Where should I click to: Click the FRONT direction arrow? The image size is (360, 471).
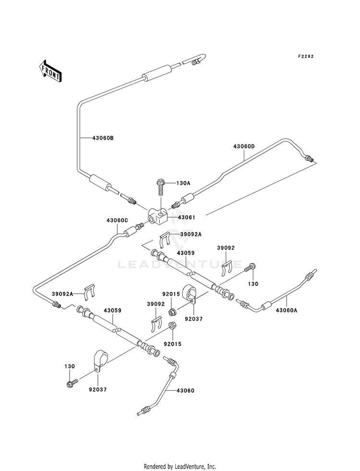point(50,71)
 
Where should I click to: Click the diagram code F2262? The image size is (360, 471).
point(306,56)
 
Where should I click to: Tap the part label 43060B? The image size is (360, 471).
point(103,138)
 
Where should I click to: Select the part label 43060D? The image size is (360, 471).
point(244,146)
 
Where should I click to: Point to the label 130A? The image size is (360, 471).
point(184,183)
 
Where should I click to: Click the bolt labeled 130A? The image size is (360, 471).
point(161,187)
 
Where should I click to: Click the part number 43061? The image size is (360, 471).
point(186,217)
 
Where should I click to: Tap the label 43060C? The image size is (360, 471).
point(117,220)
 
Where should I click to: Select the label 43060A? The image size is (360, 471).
point(287,310)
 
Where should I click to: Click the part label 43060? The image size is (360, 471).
point(186,390)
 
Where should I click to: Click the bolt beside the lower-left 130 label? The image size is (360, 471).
point(72,383)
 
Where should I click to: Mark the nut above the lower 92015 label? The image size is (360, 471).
point(172,326)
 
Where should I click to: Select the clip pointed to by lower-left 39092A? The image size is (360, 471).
point(90,292)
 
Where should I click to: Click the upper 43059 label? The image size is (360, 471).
point(186,253)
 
